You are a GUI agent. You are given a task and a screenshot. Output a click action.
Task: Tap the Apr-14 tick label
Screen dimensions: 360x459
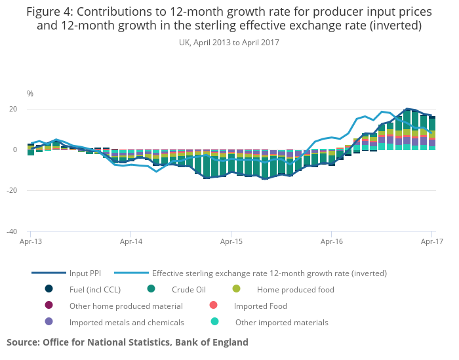130,241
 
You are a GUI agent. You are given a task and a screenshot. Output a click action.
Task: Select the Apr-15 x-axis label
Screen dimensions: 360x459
231,241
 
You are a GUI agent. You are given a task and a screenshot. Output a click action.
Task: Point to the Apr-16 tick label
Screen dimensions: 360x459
331,241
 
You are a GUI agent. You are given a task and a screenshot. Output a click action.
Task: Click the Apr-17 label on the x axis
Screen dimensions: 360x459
431,241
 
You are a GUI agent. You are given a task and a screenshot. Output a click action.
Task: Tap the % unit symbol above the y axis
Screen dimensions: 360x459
30,94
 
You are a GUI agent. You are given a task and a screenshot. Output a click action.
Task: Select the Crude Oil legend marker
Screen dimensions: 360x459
151,289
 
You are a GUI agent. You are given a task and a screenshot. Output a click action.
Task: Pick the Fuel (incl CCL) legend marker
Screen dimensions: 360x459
49,289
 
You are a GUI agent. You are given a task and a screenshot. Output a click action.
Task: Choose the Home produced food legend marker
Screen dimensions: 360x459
237,289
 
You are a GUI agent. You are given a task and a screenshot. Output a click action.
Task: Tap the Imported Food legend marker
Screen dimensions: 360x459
213,306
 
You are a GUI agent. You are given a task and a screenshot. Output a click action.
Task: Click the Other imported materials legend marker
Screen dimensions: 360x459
214,322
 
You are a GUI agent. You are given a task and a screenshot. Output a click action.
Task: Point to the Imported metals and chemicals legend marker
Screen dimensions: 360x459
49,322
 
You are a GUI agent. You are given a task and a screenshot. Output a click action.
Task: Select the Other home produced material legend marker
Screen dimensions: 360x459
49,306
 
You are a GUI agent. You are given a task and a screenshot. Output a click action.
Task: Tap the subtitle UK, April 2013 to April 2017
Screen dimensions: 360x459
229,43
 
